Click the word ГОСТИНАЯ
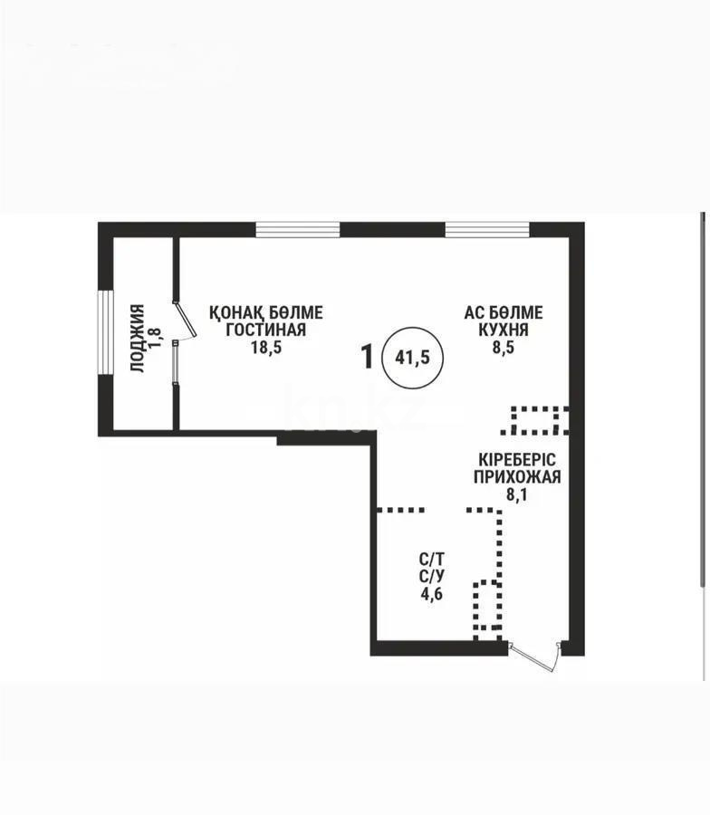[265, 330]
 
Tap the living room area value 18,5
[266, 348]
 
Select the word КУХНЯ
[504, 330]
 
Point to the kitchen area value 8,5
[504, 348]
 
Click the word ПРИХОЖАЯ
[516, 477]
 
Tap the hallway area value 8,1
[515, 495]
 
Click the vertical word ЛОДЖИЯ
[138, 338]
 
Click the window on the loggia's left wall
[105, 334]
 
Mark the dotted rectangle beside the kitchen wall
[540, 419]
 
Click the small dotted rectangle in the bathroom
[487, 605]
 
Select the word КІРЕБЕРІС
[516, 459]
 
